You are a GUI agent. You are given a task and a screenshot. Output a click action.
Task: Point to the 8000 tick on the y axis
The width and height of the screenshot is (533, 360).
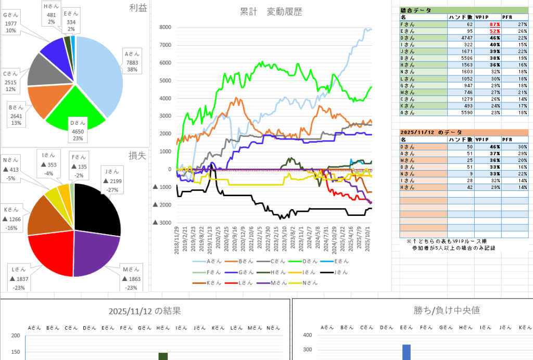click(x=165, y=28)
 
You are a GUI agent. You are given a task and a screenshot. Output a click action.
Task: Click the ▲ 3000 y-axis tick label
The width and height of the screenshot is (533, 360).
click(x=162, y=223)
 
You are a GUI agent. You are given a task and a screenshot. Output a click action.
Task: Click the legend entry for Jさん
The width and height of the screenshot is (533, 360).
click(x=338, y=272)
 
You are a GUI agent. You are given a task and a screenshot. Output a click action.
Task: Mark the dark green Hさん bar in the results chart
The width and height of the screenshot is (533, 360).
click(x=163, y=356)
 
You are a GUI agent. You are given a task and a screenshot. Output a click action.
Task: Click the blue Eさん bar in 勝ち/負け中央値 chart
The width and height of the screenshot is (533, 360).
click(x=406, y=352)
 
